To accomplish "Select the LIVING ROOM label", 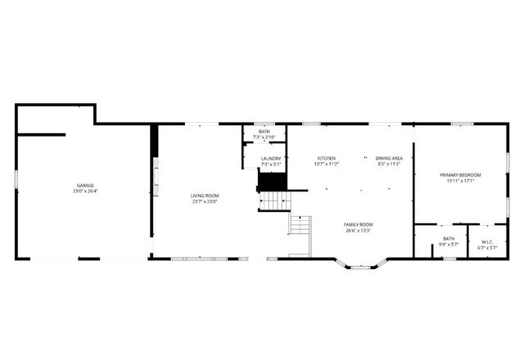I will pos(205,196).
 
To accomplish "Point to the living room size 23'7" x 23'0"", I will pos(205,201).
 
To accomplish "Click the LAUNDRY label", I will pos(271,159).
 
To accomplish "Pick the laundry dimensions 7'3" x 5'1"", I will pos(271,164).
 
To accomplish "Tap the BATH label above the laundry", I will pos(264,132).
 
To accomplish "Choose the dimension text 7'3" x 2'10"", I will pos(264,137).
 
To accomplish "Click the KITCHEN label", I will pos(326,158).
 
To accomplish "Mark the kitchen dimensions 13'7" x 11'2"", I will pos(326,164).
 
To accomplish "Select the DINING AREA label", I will pos(389,158).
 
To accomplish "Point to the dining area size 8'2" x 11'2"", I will pos(389,164).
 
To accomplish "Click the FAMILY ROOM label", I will pos(359,224).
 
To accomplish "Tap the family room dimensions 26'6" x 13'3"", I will pos(359,230).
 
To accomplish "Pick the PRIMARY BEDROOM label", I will pos(460,175).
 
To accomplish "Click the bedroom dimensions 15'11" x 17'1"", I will pos(460,181).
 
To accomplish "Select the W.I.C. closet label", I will pos(487,241).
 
